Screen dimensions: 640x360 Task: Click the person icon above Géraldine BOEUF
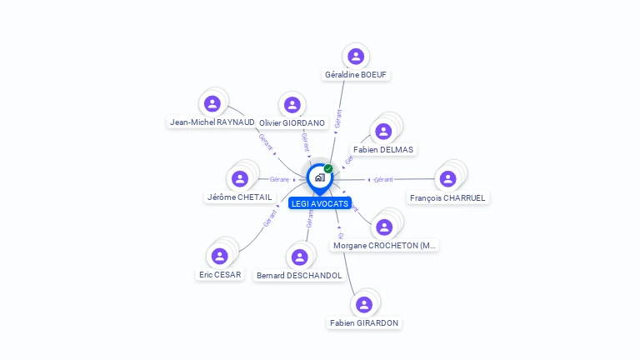(x=356, y=57)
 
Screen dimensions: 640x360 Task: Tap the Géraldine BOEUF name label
(x=356, y=75)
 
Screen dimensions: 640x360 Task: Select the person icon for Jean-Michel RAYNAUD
(x=212, y=103)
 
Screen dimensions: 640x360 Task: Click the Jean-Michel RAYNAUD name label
(x=212, y=122)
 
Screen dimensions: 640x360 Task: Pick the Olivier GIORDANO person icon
(x=292, y=104)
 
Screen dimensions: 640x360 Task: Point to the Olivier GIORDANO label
(x=292, y=122)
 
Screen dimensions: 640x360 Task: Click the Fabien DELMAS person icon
(x=383, y=131)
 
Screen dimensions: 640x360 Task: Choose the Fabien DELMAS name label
(x=383, y=150)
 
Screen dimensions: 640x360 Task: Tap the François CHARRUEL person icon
(x=447, y=178)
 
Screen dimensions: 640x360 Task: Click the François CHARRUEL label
(x=447, y=198)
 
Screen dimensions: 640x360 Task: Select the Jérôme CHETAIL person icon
(x=240, y=178)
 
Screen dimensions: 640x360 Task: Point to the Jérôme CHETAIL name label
(x=239, y=197)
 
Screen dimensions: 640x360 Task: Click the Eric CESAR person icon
(x=220, y=256)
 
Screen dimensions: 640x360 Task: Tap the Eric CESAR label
(x=220, y=275)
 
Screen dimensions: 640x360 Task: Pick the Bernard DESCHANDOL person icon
(x=300, y=257)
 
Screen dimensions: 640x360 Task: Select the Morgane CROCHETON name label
(x=384, y=246)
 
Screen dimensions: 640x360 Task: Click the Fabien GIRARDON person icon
(x=363, y=304)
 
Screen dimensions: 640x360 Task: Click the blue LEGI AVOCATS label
(x=320, y=203)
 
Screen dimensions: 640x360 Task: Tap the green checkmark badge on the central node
(x=328, y=168)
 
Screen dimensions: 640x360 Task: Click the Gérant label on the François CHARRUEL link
(x=383, y=179)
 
